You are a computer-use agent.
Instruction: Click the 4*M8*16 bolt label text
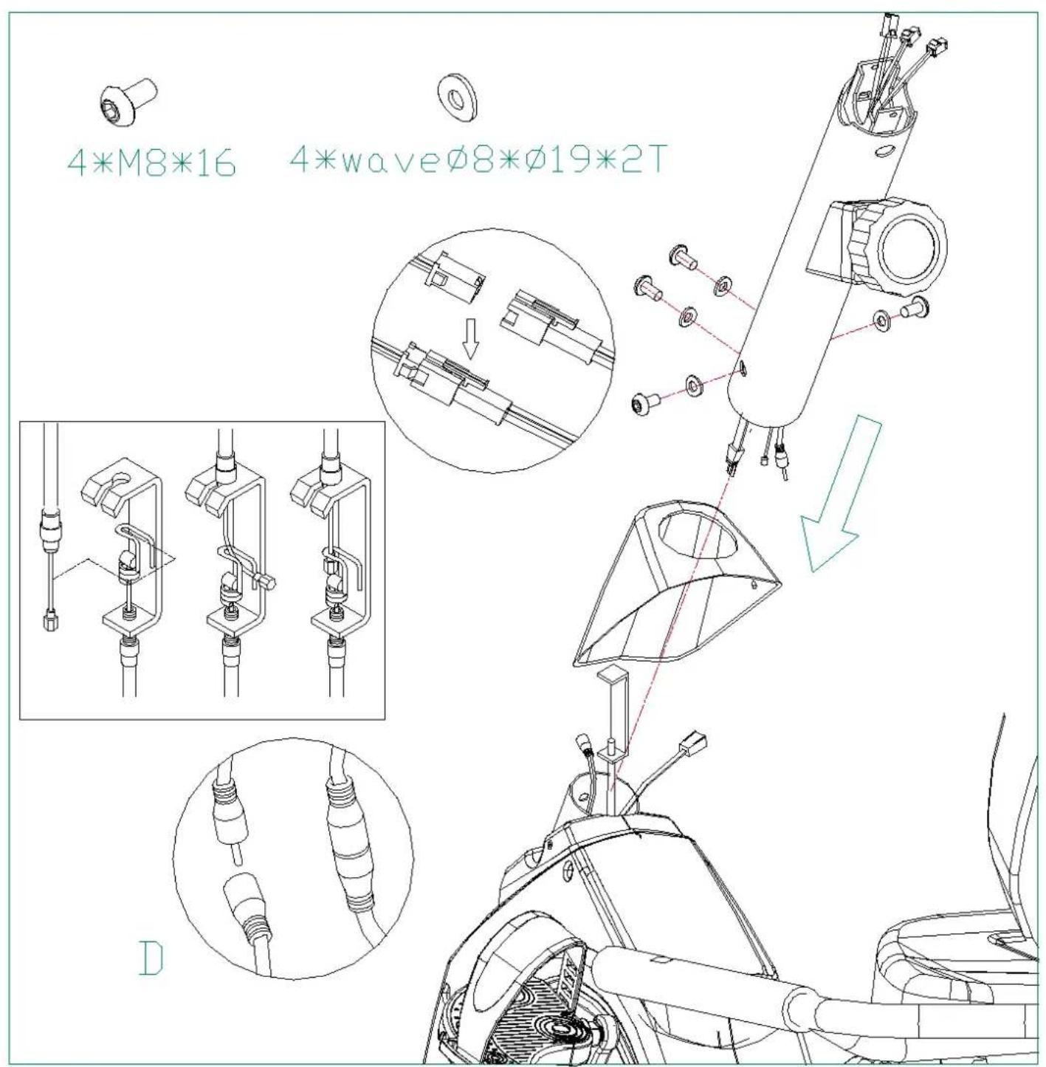[x=151, y=162]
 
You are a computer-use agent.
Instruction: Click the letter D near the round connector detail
[x=151, y=959]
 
